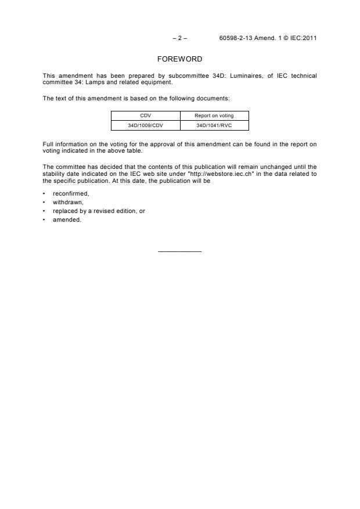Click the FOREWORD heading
(x=179, y=59)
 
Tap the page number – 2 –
(x=179, y=38)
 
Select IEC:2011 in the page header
(x=302, y=38)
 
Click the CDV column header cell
(x=145, y=115)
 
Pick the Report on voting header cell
(x=214, y=115)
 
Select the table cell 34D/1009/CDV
(x=145, y=125)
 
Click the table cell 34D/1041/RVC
(x=214, y=125)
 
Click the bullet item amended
(x=67, y=220)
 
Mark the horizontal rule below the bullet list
(x=179, y=251)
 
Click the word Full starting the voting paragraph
(x=48, y=144)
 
